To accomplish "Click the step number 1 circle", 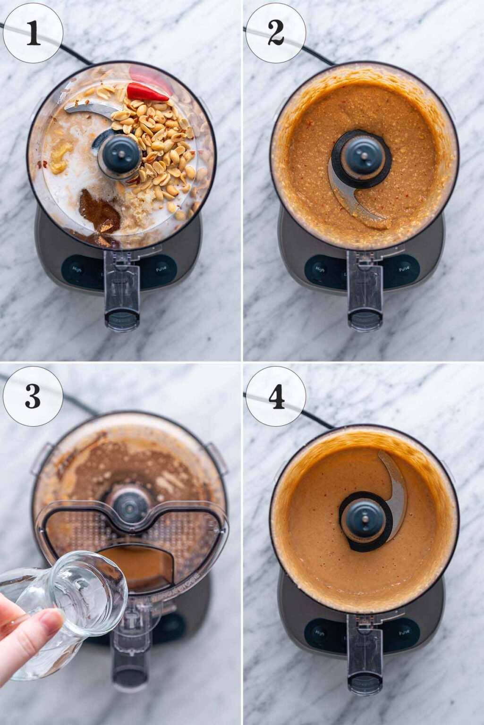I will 33,33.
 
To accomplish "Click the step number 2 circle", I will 275,33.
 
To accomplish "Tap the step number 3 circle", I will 33,396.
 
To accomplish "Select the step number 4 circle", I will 275,396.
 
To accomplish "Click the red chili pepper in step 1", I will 146,92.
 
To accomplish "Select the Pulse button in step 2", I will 404,269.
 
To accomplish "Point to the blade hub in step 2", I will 361,156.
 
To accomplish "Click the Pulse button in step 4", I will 404,630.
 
